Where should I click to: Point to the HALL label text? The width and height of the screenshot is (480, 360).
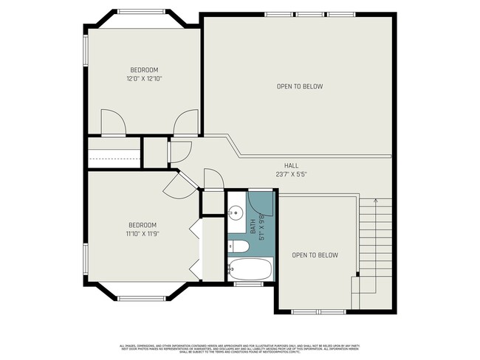[x=291, y=165]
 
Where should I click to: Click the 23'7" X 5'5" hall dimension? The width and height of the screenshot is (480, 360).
[x=291, y=175]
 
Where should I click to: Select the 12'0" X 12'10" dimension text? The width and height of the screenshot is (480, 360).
[x=144, y=78]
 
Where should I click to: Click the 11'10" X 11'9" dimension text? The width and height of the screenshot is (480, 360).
[x=143, y=234]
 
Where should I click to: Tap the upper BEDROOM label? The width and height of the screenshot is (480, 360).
[x=144, y=69]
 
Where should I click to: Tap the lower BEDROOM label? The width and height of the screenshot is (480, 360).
[x=143, y=225]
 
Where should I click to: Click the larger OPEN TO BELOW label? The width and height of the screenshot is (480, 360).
[x=299, y=86]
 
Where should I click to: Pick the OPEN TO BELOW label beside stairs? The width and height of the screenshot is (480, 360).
[x=315, y=255]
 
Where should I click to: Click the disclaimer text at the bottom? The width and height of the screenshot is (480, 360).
[x=240, y=349]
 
